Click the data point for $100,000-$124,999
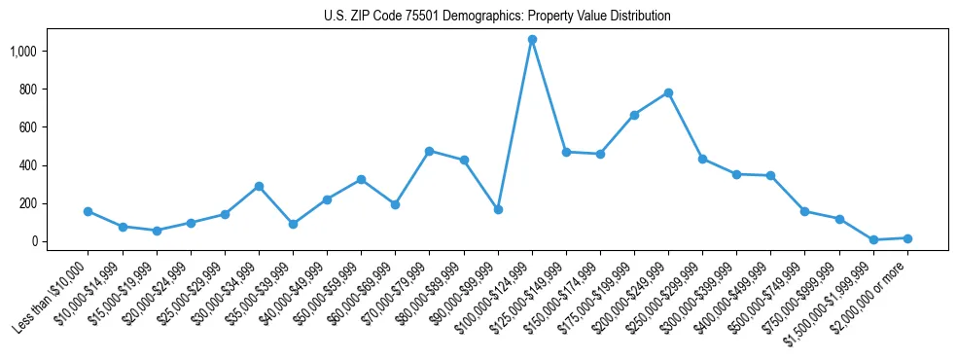pyautogui.click(x=532, y=40)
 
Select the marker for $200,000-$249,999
pyautogui.click(x=668, y=93)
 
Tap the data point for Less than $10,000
pyautogui.click(x=89, y=211)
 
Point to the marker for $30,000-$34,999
pyautogui.click(x=259, y=186)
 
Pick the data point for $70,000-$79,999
pyautogui.click(x=429, y=151)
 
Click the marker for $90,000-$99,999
pyautogui.click(x=498, y=209)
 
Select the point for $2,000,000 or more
pyautogui.click(x=907, y=238)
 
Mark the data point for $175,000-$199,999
pyautogui.click(x=634, y=115)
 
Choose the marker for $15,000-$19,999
pyautogui.click(x=157, y=231)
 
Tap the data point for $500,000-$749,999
pyautogui.click(x=804, y=211)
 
